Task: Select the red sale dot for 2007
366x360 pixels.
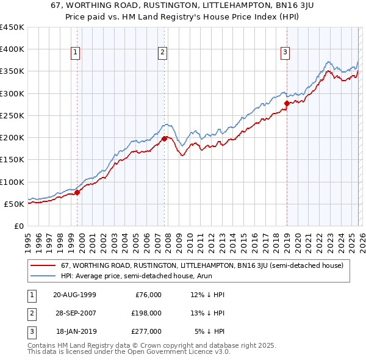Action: pos(165,139)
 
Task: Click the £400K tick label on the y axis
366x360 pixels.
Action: pos(12,49)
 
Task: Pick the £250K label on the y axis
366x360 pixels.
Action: pos(12,115)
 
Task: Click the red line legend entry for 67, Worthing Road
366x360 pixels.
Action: pos(202,265)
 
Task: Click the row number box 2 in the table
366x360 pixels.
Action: pos(30,313)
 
